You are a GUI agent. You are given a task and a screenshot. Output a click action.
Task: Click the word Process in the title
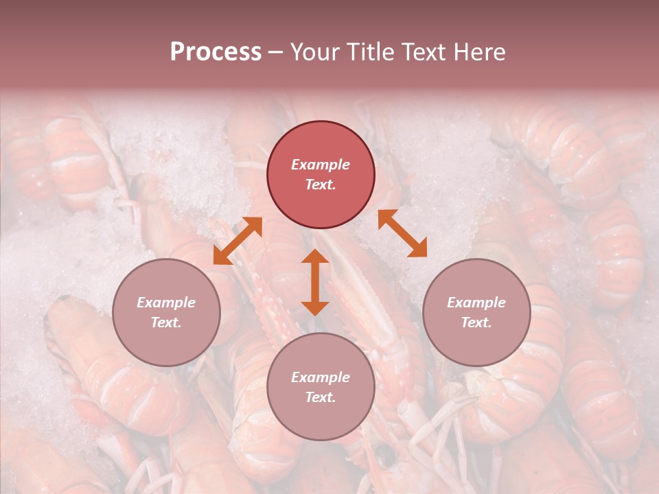click(216, 52)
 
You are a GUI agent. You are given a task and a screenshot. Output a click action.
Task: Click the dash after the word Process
click(276, 53)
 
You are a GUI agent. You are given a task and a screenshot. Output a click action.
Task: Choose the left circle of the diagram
click(166, 312)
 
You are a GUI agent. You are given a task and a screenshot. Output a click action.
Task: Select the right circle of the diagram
click(476, 312)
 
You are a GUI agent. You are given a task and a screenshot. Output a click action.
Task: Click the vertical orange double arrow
click(315, 283)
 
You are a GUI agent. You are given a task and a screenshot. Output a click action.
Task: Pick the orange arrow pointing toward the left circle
click(238, 241)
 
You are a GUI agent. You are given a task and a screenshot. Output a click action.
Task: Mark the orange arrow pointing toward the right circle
click(402, 233)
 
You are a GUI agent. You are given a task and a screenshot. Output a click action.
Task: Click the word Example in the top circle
click(321, 165)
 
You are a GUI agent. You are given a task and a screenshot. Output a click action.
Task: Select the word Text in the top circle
click(321, 185)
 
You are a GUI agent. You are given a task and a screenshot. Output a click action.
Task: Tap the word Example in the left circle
click(166, 303)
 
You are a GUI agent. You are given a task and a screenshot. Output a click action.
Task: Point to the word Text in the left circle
click(166, 322)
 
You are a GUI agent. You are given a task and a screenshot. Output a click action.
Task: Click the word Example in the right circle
click(476, 303)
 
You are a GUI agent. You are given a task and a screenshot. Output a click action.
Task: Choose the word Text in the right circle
click(476, 322)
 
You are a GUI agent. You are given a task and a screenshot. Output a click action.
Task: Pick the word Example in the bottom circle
click(321, 377)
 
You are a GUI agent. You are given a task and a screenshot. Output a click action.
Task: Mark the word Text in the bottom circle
click(321, 397)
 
